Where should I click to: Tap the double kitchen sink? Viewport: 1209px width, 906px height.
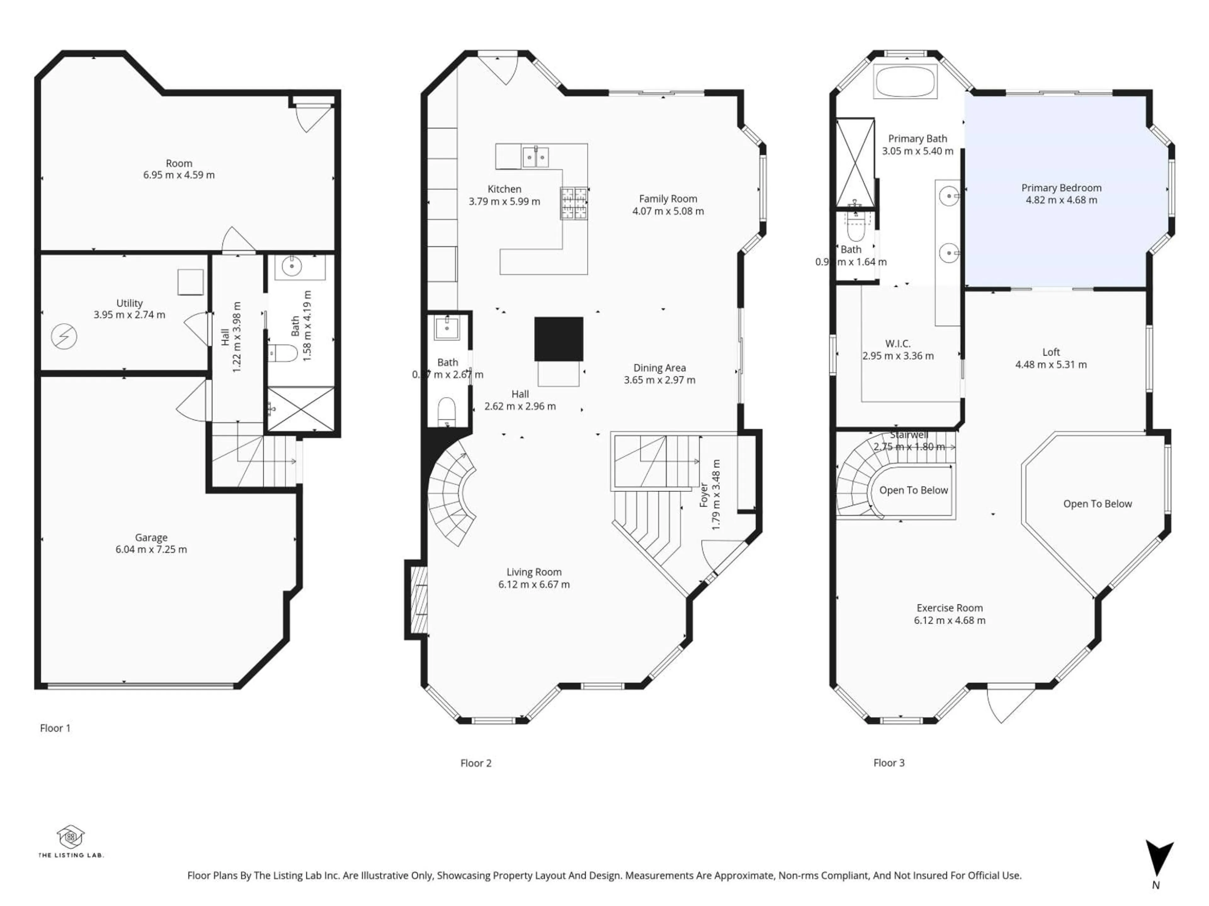[x=535, y=157]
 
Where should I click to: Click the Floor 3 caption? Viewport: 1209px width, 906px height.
[x=889, y=763]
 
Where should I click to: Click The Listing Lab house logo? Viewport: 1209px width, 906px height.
[x=71, y=837]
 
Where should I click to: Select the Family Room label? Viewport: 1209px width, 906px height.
[x=668, y=199]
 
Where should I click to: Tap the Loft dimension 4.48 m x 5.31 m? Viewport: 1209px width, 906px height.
[x=1051, y=364]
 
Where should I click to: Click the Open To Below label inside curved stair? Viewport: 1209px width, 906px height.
[x=913, y=490]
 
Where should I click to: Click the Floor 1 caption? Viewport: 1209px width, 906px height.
[x=55, y=728]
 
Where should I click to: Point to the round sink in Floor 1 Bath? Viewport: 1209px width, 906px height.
[x=292, y=266]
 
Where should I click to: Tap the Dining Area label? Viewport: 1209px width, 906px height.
[x=659, y=368]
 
